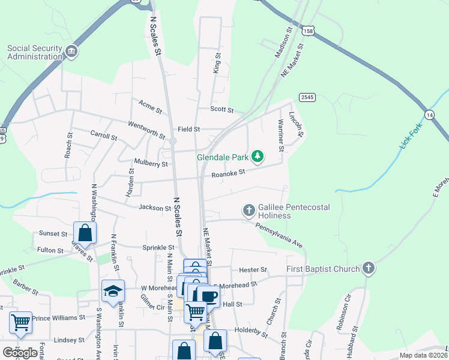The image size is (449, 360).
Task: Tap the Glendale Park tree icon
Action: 258,157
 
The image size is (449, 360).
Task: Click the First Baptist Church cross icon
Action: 369,269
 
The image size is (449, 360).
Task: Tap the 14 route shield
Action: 429,115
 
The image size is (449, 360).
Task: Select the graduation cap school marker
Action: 113,291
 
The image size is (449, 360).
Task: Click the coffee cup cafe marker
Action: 208,296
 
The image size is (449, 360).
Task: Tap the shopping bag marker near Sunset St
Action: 85,233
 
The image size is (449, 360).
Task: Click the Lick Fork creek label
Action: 411,136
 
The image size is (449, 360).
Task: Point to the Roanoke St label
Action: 229,173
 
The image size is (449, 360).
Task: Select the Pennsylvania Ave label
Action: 279,235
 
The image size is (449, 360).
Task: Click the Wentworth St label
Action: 146,130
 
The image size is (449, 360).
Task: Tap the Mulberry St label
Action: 151,163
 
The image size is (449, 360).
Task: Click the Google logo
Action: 20,353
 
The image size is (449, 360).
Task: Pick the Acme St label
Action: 149,109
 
